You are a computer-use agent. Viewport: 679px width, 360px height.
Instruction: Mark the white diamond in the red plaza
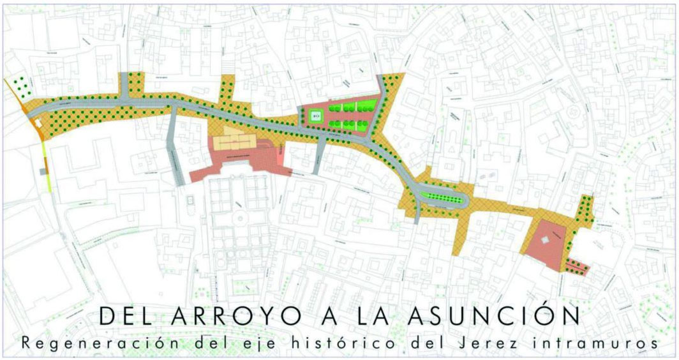click(x=544, y=239)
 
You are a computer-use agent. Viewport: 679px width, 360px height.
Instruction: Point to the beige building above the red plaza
click(x=234, y=141)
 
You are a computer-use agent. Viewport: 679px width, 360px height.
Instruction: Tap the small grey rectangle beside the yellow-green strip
click(x=43, y=171)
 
